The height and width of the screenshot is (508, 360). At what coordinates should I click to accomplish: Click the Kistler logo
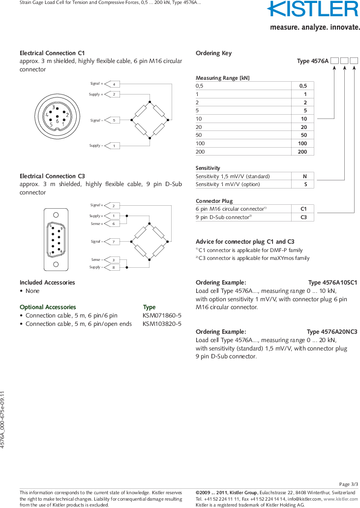coord(313,10)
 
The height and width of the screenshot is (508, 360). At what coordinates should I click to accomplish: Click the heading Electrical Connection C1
coord(52,53)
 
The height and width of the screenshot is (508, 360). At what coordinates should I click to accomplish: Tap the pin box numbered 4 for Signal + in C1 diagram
coord(114,84)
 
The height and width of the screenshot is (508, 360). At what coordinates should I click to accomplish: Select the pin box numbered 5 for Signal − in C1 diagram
coord(114,120)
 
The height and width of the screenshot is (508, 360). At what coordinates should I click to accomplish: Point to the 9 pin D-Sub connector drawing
coord(56,240)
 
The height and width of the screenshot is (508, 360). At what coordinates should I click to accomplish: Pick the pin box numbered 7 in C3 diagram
coord(113,242)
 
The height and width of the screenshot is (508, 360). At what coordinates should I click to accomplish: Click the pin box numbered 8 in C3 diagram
coord(113,267)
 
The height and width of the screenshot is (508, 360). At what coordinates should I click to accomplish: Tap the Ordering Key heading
coord(213,53)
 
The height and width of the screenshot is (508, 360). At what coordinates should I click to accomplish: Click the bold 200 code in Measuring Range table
coord(302,152)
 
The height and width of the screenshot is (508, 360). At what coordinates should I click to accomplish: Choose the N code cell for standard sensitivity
coord(304,176)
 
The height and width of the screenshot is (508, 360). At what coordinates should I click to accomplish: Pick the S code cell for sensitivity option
coord(304,185)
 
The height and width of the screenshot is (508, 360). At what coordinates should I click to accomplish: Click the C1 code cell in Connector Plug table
coord(303,209)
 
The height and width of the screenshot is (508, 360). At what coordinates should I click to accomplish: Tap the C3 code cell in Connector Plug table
coord(303,217)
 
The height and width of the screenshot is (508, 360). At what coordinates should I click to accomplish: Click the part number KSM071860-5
coord(162,316)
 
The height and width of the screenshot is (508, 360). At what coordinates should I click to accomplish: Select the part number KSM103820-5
coord(162,324)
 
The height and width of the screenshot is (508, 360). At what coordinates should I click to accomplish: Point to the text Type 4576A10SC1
coord(332,283)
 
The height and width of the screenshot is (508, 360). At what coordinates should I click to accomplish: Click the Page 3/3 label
coord(349,484)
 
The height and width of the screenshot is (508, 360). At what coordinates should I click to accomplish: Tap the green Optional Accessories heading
coord(48,307)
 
